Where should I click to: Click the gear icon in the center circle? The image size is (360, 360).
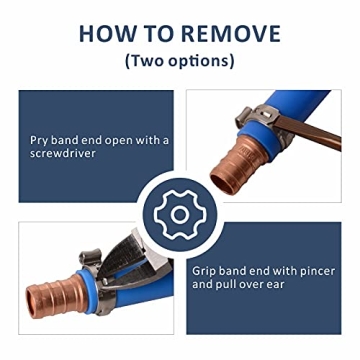point(179,213)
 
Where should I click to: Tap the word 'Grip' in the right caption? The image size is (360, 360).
point(205,270)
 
